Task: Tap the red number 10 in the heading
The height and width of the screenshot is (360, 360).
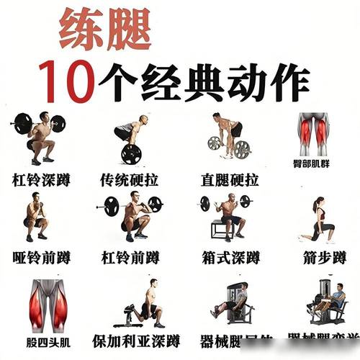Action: (x=68, y=80)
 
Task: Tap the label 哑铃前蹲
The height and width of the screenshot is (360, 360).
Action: (x=41, y=257)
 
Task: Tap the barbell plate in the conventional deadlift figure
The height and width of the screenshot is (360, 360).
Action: (x=131, y=154)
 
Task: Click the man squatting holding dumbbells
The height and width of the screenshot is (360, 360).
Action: (x=35, y=220)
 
